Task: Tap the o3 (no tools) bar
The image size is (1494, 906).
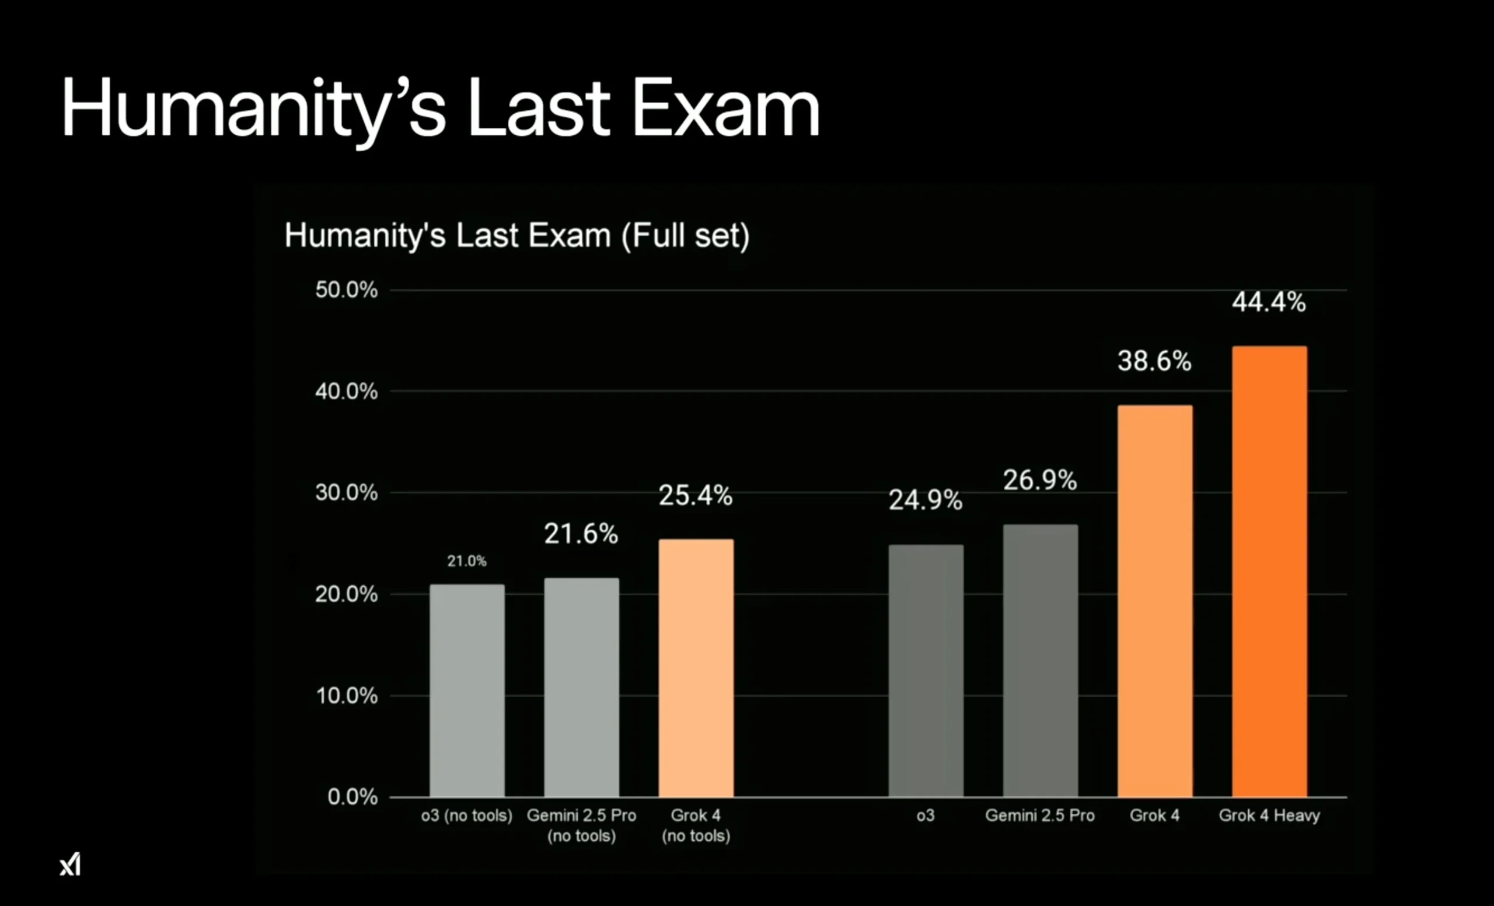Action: click(x=467, y=690)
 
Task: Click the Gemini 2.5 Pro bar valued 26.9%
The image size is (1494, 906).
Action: click(x=1040, y=660)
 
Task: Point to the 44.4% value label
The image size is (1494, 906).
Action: click(x=1269, y=302)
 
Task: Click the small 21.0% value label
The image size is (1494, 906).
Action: click(x=467, y=561)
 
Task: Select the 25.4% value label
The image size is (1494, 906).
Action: click(x=696, y=496)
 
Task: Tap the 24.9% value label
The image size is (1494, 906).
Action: click(x=925, y=500)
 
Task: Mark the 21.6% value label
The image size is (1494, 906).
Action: click(x=581, y=534)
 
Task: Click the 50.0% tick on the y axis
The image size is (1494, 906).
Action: click(x=346, y=291)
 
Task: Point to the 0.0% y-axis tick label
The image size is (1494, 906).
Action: click(x=352, y=796)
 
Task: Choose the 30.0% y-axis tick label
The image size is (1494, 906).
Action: click(x=346, y=493)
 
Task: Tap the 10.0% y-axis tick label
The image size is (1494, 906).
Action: click(x=347, y=696)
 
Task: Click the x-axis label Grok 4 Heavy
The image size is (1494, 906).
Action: click(x=1269, y=816)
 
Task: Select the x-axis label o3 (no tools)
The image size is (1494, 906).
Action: click(x=467, y=816)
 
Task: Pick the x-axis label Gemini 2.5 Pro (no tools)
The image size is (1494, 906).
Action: click(x=581, y=825)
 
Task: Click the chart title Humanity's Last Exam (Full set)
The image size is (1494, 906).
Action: click(x=517, y=235)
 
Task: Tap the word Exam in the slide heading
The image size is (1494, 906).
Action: click(x=726, y=109)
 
